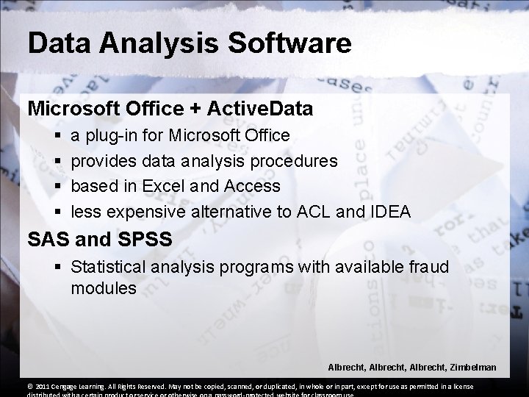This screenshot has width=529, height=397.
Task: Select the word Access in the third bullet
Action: coord(256,187)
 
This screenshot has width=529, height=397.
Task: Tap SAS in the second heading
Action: coord(50,240)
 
